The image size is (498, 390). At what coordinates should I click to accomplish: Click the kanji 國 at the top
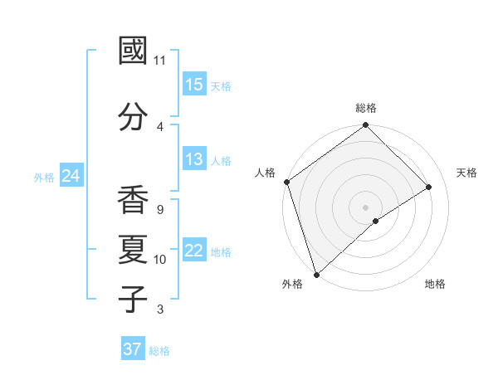coord(133,51)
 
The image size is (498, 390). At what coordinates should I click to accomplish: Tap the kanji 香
coord(133,201)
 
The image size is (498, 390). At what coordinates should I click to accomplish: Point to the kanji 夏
coord(133,250)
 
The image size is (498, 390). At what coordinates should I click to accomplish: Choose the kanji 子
coord(133,300)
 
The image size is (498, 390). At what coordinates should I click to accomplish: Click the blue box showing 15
coord(194,85)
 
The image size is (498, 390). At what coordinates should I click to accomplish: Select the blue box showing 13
coord(194,160)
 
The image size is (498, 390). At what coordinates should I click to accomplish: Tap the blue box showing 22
coord(194,251)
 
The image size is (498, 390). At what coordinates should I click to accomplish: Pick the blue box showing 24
coord(71,176)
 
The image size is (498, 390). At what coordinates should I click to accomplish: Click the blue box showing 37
coord(133,349)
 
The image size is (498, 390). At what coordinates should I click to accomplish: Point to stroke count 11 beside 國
coord(160,61)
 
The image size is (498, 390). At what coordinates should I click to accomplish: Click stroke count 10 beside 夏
coord(160,260)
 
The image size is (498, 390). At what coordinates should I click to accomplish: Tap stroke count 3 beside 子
coord(159,310)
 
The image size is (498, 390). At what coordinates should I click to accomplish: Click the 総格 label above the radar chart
coord(366,108)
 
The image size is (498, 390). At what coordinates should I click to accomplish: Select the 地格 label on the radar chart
coord(435,285)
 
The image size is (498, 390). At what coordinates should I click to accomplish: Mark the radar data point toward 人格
coord(286,182)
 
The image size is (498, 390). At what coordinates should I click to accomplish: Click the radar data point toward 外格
coord(315,274)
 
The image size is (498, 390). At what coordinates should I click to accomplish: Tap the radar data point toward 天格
coord(429,187)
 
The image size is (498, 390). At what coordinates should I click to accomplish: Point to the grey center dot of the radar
coord(365,207)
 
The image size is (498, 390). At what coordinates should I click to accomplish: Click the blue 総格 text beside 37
coord(160,351)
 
